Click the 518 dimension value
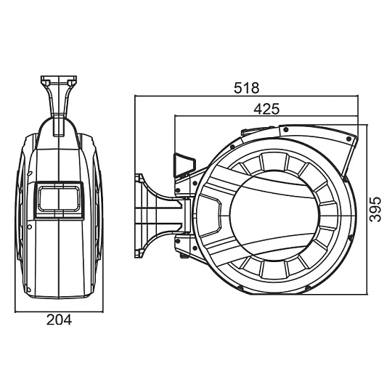tap(247, 88)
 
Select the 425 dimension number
tap(266, 109)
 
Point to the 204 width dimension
tap(59, 319)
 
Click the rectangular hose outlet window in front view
tap(59, 200)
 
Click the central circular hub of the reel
tap(274, 216)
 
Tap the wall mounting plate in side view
tap(138, 216)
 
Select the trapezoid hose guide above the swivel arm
tap(184, 165)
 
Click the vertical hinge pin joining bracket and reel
tap(187, 216)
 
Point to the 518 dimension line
tap(246, 95)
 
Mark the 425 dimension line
tap(266, 115)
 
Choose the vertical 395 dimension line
tap(367, 209)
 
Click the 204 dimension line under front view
tap(59, 311)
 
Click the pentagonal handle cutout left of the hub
tap(211, 216)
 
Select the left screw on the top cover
tap(286, 130)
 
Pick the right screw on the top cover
tap(349, 139)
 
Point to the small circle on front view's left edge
tap(30, 226)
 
